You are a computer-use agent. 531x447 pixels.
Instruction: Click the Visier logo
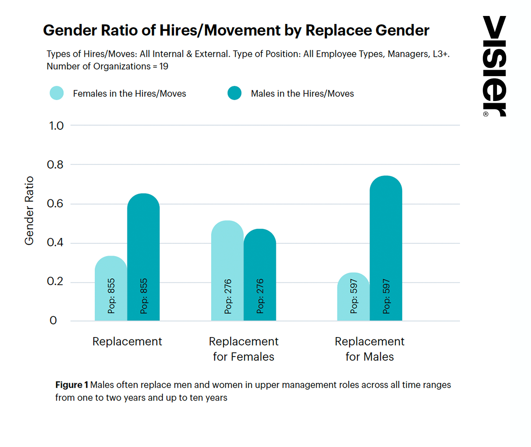pyautogui.click(x=494, y=66)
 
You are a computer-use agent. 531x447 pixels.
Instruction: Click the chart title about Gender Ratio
pyautogui.click(x=236, y=30)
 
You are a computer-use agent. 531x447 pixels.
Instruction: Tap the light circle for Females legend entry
pyautogui.click(x=57, y=93)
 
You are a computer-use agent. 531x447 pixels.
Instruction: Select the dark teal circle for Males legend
pyautogui.click(x=235, y=93)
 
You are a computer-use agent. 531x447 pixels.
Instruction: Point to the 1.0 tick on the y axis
pyautogui.click(x=56, y=126)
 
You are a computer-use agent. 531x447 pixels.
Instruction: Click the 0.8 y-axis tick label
pyautogui.click(x=55, y=165)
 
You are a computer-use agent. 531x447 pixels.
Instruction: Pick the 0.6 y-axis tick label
pyautogui.click(x=55, y=204)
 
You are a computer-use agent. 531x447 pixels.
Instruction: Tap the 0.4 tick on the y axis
pyautogui.click(x=55, y=243)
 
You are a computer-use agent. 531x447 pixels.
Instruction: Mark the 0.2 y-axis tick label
pyautogui.click(x=55, y=282)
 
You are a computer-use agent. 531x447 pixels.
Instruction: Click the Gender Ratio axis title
pyautogui.click(x=29, y=210)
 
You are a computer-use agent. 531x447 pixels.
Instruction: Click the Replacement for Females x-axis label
pyautogui.click(x=243, y=349)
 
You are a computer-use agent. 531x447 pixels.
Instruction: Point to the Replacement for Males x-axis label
pyautogui.click(x=369, y=349)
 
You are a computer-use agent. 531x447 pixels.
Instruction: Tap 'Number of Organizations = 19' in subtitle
pyautogui.click(x=108, y=66)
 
